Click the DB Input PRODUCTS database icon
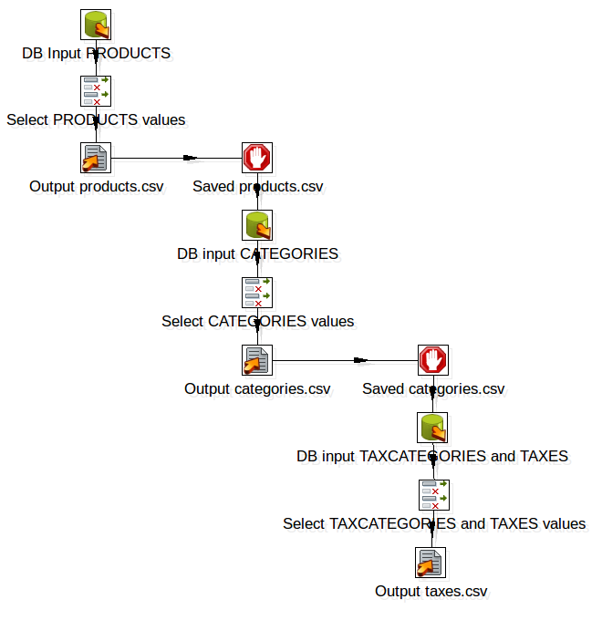click(96, 25)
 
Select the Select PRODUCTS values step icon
click(96, 90)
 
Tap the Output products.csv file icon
click(96, 157)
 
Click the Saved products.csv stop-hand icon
click(257, 157)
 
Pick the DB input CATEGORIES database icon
click(257, 224)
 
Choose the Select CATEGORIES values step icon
click(257, 292)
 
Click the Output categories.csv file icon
click(257, 359)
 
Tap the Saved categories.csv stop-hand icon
click(432, 359)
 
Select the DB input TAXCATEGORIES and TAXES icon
click(432, 427)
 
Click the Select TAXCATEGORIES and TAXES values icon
click(432, 494)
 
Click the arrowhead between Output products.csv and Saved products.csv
click(191, 157)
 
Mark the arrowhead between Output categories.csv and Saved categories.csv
click(361, 359)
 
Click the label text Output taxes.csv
click(431, 592)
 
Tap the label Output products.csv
click(97, 187)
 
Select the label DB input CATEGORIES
click(257, 253)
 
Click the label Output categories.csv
click(257, 389)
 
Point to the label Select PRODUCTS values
click(96, 119)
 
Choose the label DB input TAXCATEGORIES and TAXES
click(432, 456)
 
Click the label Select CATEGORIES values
click(257, 321)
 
